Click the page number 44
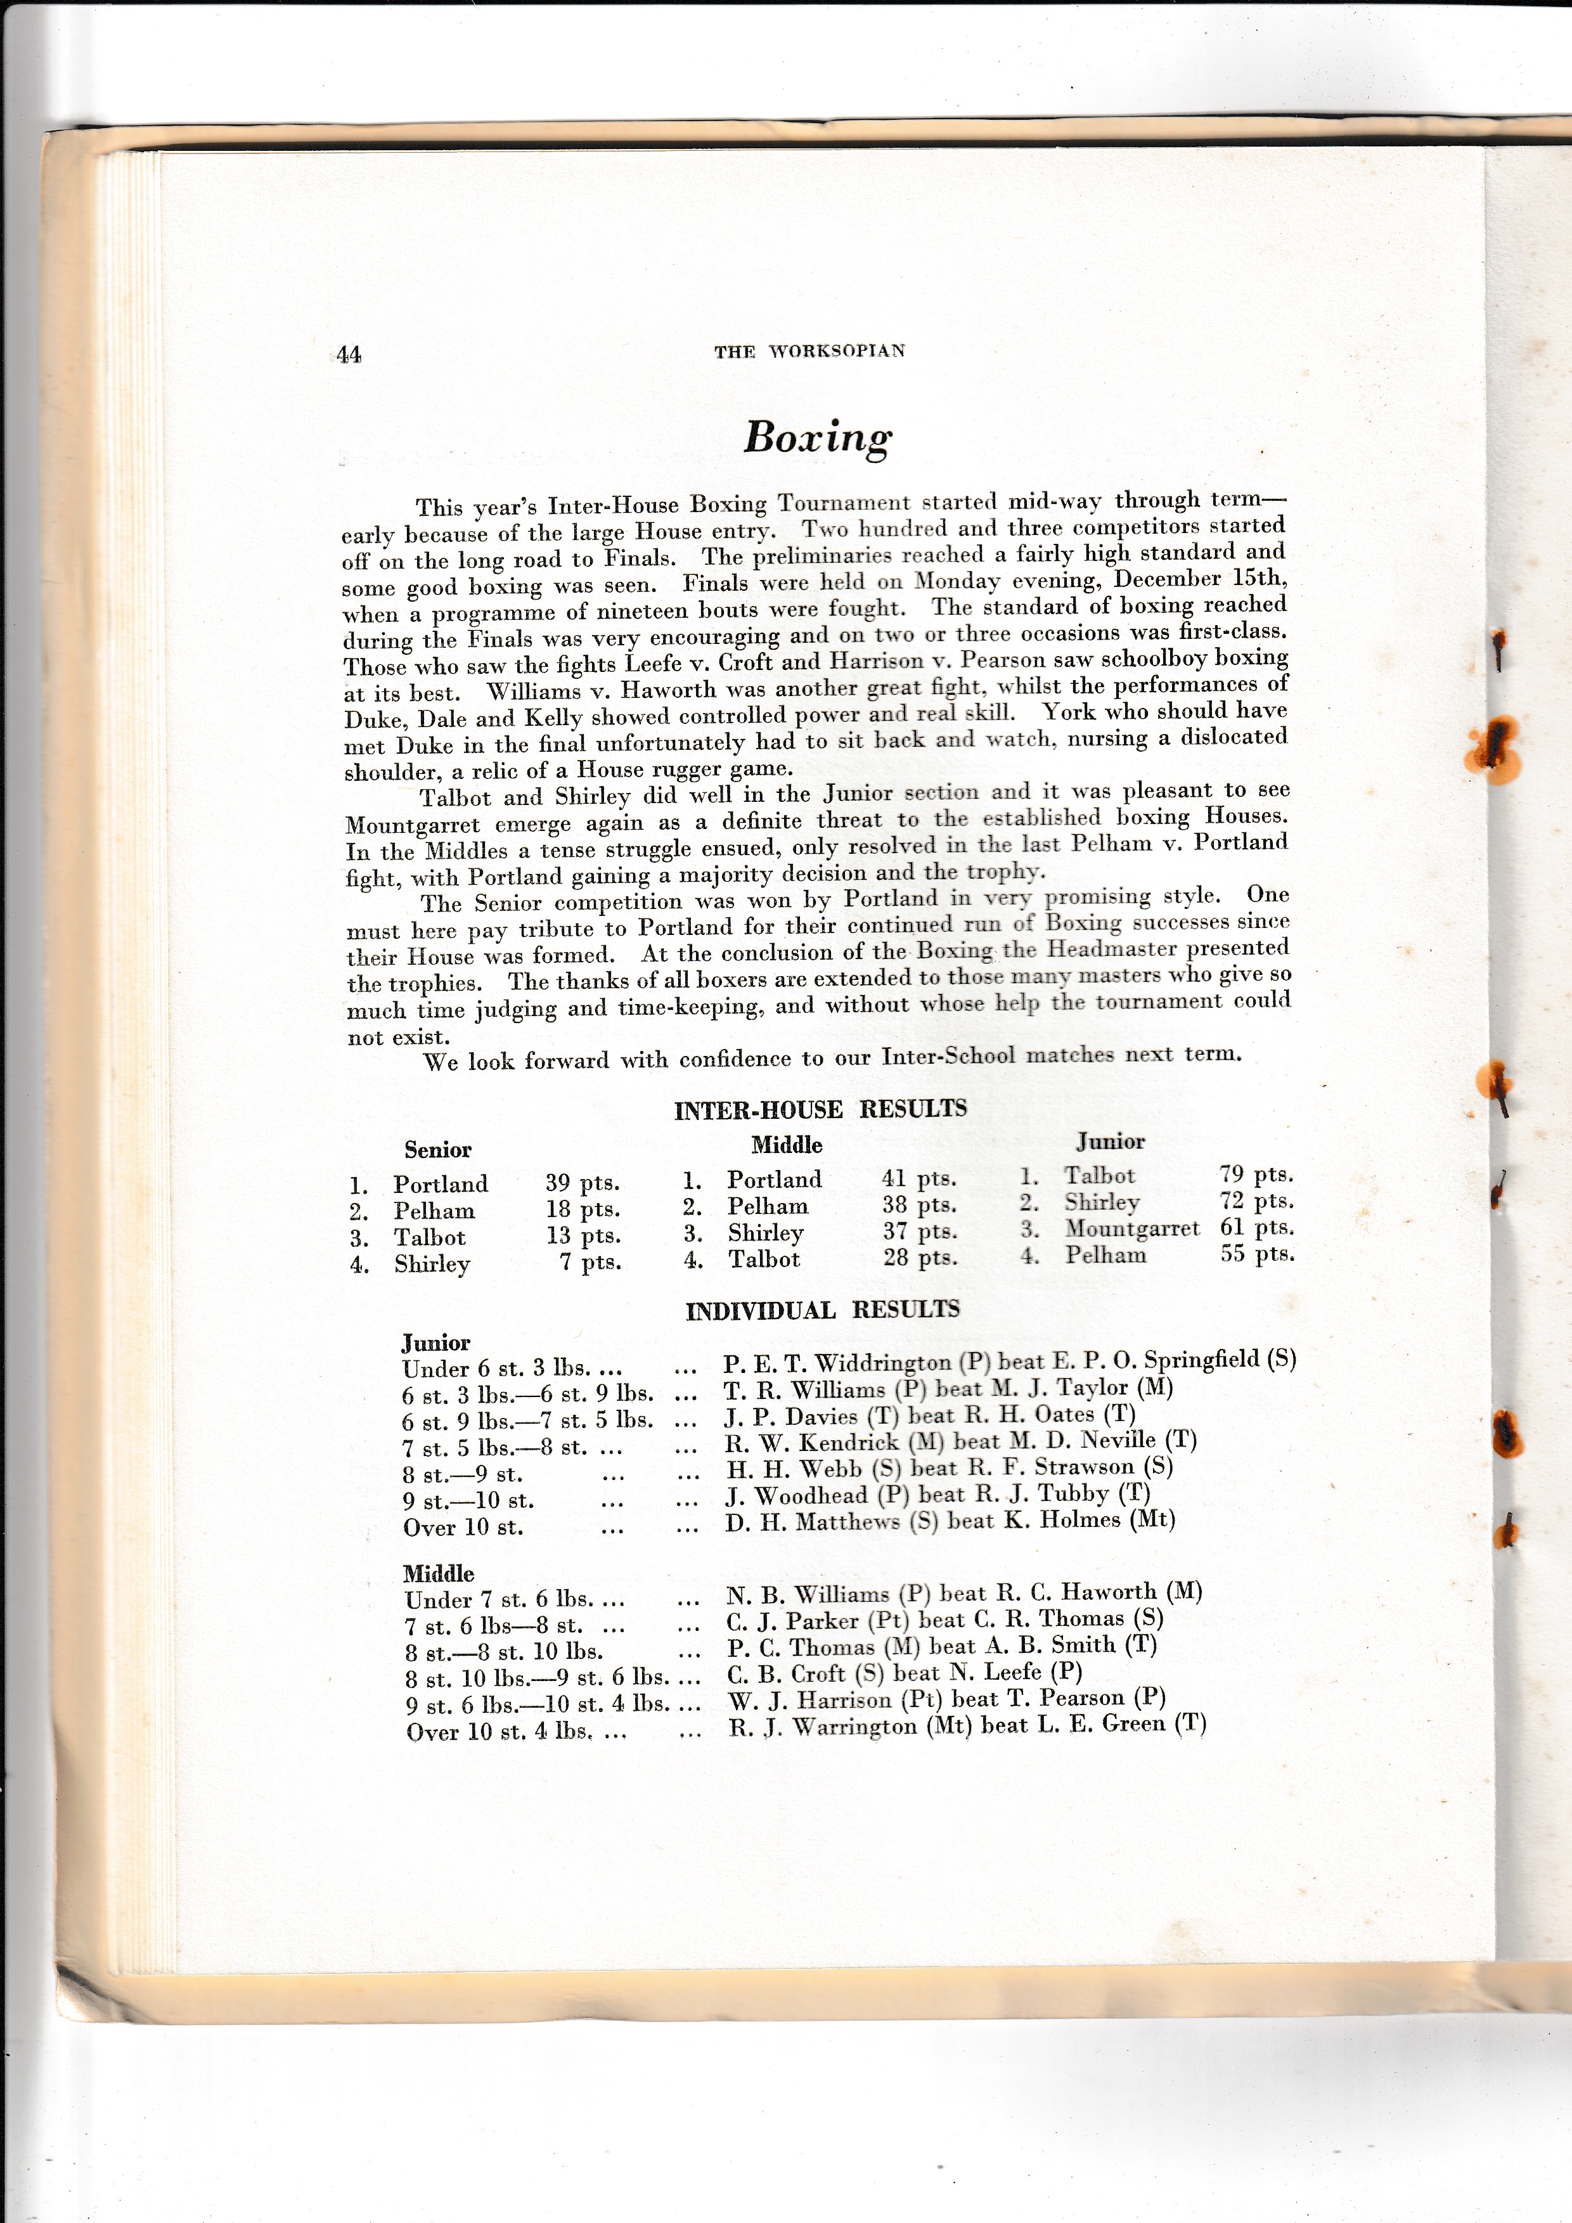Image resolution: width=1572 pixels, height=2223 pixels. pos(349,354)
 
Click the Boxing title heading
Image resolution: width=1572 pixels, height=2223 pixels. pos(817,437)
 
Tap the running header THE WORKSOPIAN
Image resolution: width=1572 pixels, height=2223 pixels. pos(809,351)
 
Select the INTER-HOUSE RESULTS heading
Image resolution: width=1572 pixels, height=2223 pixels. pos(820,1109)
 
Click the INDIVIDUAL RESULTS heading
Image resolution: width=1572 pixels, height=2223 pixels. pos(822,1310)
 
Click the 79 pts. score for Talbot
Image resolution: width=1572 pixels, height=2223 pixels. pos(1256,1175)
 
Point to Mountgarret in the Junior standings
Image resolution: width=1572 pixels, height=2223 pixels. pos(1131,1228)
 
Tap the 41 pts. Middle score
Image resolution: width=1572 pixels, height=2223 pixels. pos(918,1178)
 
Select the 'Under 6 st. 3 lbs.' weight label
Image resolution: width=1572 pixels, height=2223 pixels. pos(510,1369)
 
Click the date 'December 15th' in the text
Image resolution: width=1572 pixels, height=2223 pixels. pos(1199,579)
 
